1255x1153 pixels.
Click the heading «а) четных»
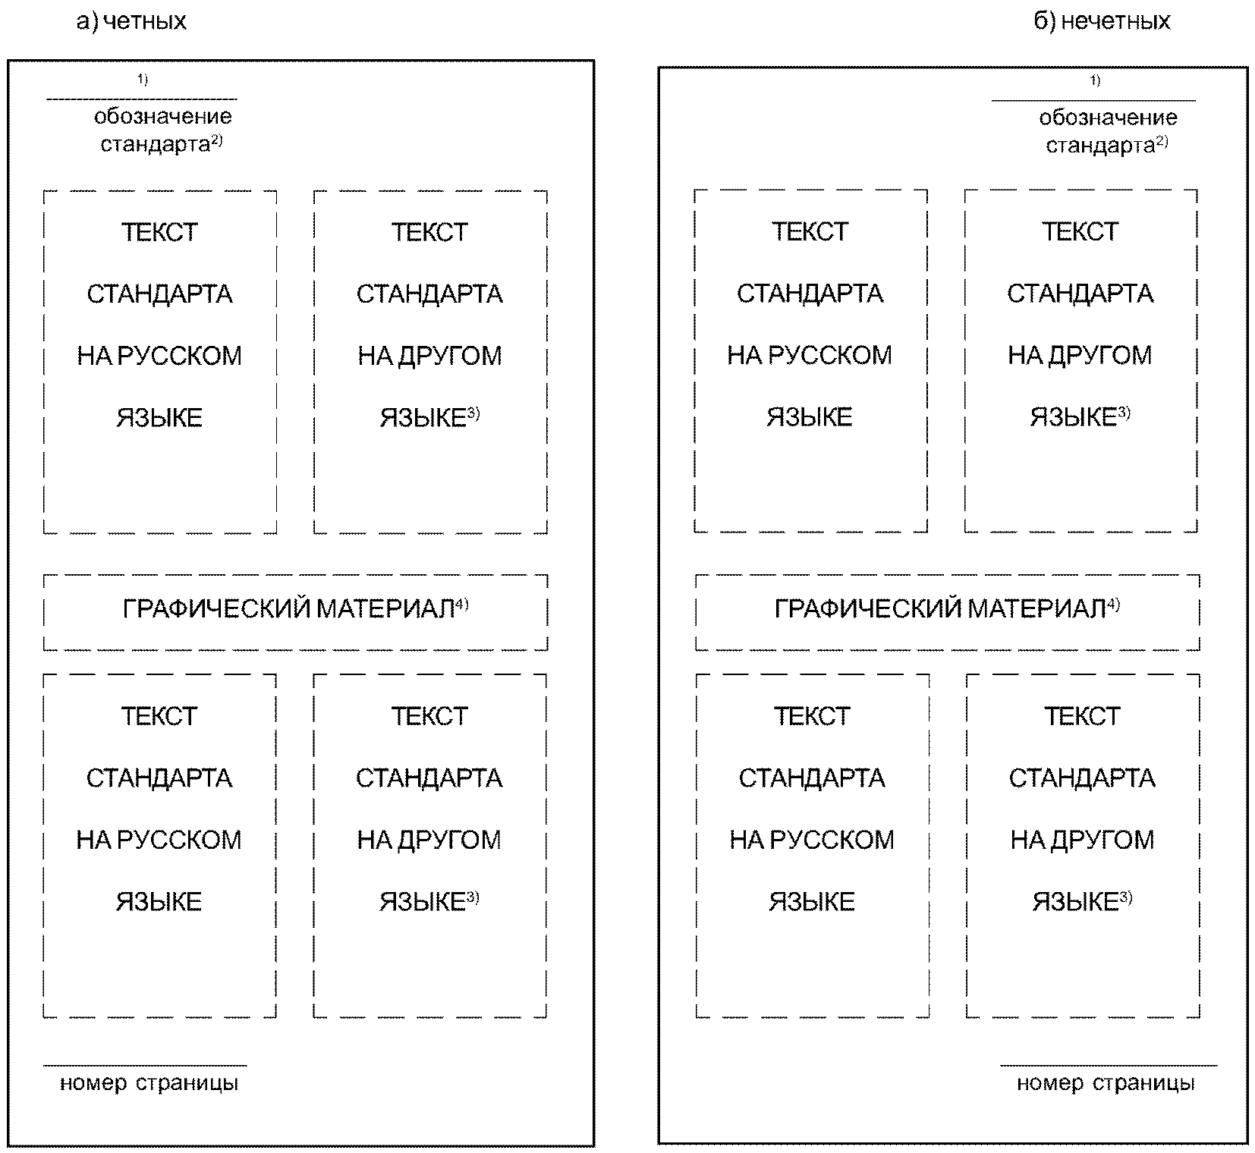coord(131,21)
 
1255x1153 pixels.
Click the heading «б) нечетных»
coord(1102,21)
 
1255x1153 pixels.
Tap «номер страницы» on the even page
coord(149,1083)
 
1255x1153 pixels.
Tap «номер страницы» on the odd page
coord(1106,1083)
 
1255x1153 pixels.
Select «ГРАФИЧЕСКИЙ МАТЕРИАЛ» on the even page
coord(288,609)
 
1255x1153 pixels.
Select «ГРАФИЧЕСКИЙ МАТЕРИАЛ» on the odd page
coord(939,609)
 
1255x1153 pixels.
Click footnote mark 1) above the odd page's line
coord(1095,81)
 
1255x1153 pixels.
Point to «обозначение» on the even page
coord(162,117)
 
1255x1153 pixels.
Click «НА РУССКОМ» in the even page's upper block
coord(159,356)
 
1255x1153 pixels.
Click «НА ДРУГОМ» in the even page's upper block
coord(429,356)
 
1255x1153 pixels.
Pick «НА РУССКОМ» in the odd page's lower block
coord(812,840)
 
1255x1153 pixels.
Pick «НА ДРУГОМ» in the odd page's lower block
coord(1082,840)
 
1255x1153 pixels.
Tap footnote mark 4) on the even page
coord(462,605)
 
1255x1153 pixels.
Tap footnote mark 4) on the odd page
coord(1113,605)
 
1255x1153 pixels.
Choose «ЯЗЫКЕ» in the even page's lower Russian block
coord(159,902)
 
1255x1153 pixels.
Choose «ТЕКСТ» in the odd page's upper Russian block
coord(810,231)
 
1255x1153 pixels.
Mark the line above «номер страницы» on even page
coord(145,1065)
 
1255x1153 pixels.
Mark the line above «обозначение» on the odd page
coord(1093,100)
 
